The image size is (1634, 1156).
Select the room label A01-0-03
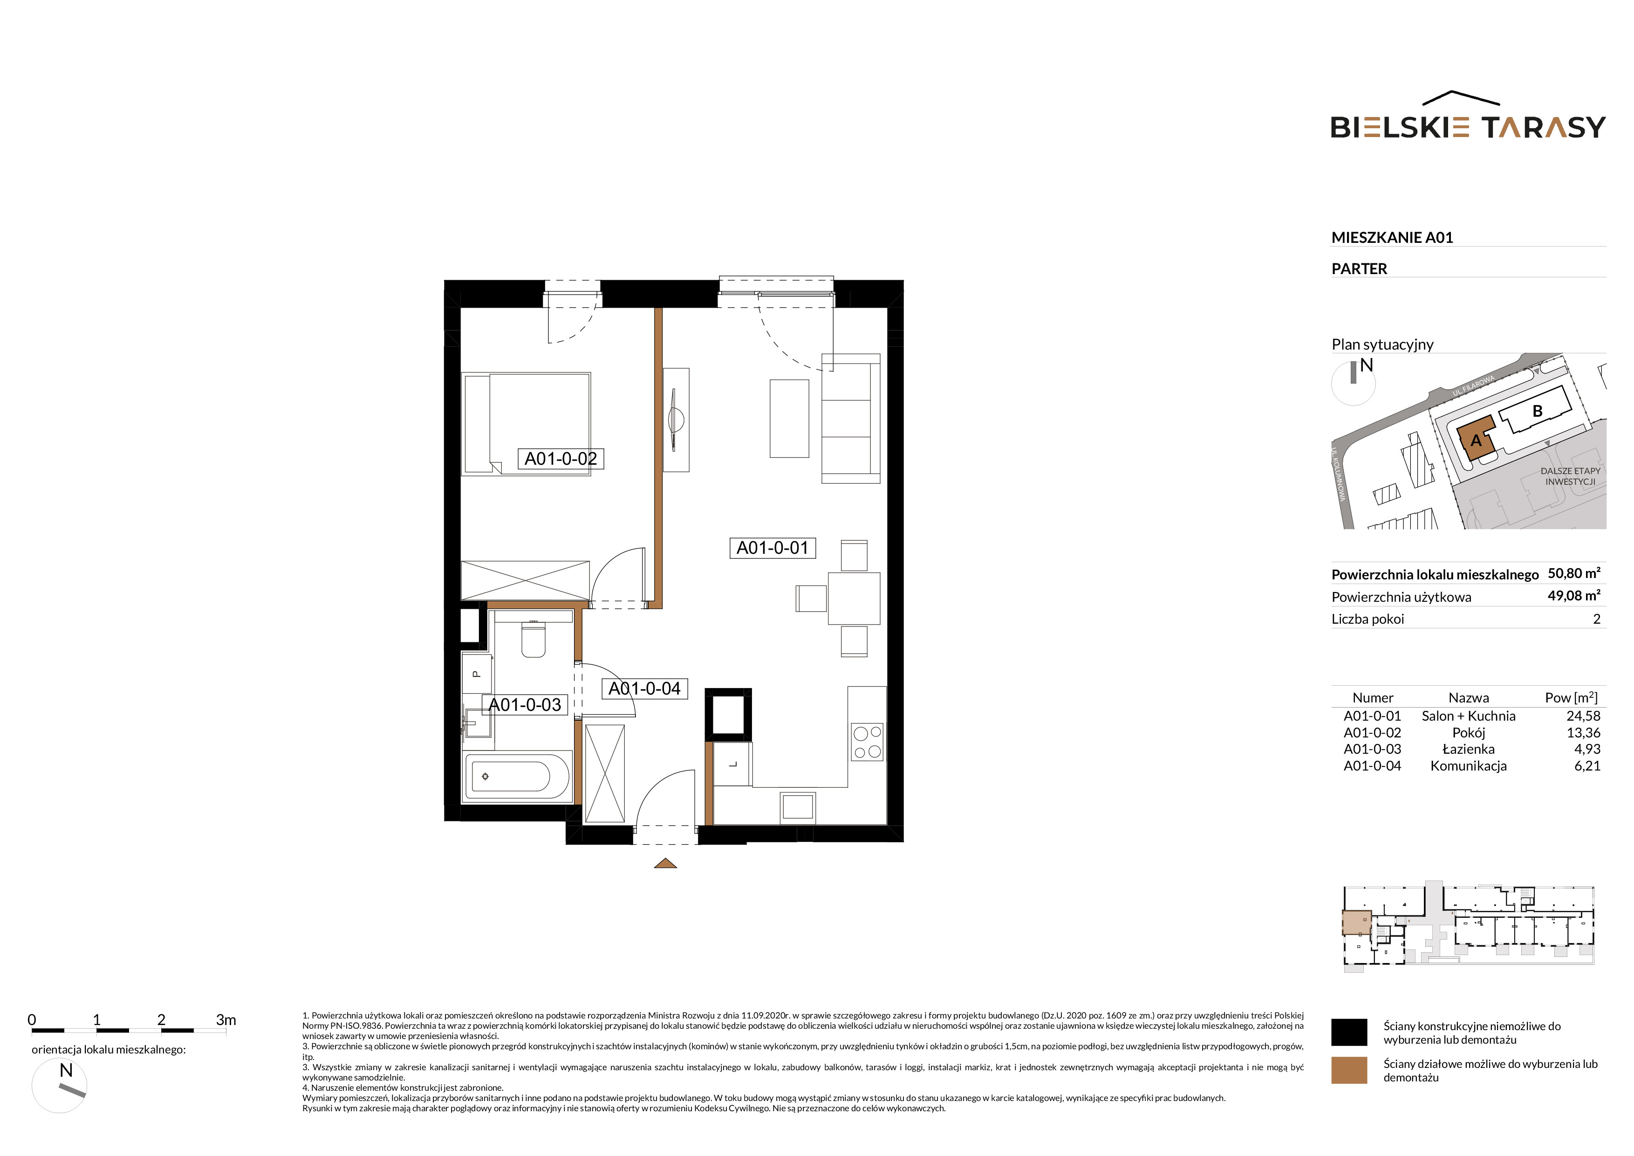coord(525,705)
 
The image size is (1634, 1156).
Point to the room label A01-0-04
coord(645,688)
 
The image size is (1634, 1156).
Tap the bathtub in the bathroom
coord(517,776)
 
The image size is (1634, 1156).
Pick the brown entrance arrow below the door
coord(665,863)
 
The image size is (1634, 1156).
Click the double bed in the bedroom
coord(526,424)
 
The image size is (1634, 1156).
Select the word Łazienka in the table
coord(1468,749)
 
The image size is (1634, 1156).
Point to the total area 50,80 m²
coord(1573,573)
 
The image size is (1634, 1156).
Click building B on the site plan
coord(1537,412)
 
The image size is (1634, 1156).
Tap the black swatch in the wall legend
coord(1348,1032)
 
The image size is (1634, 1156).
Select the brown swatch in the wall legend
coord(1348,1070)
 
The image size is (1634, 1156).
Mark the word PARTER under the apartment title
coord(1359,269)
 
